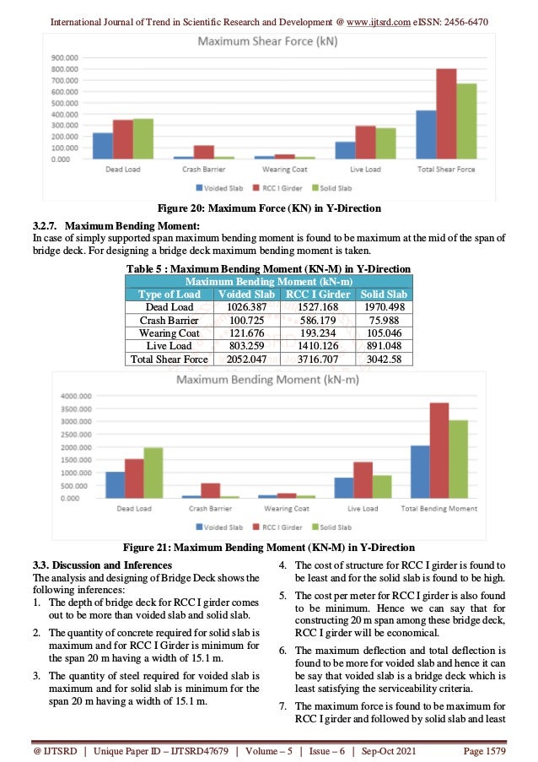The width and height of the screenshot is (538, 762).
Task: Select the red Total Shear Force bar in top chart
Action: tap(446, 114)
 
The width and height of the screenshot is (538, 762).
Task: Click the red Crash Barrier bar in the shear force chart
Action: tap(203, 152)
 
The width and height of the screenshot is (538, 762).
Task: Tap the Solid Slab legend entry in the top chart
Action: tap(331, 187)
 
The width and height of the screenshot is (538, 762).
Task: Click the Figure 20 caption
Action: tap(269, 208)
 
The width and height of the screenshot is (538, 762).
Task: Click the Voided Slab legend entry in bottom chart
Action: tap(221, 527)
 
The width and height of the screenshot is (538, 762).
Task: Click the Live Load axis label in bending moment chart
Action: tap(363, 509)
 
